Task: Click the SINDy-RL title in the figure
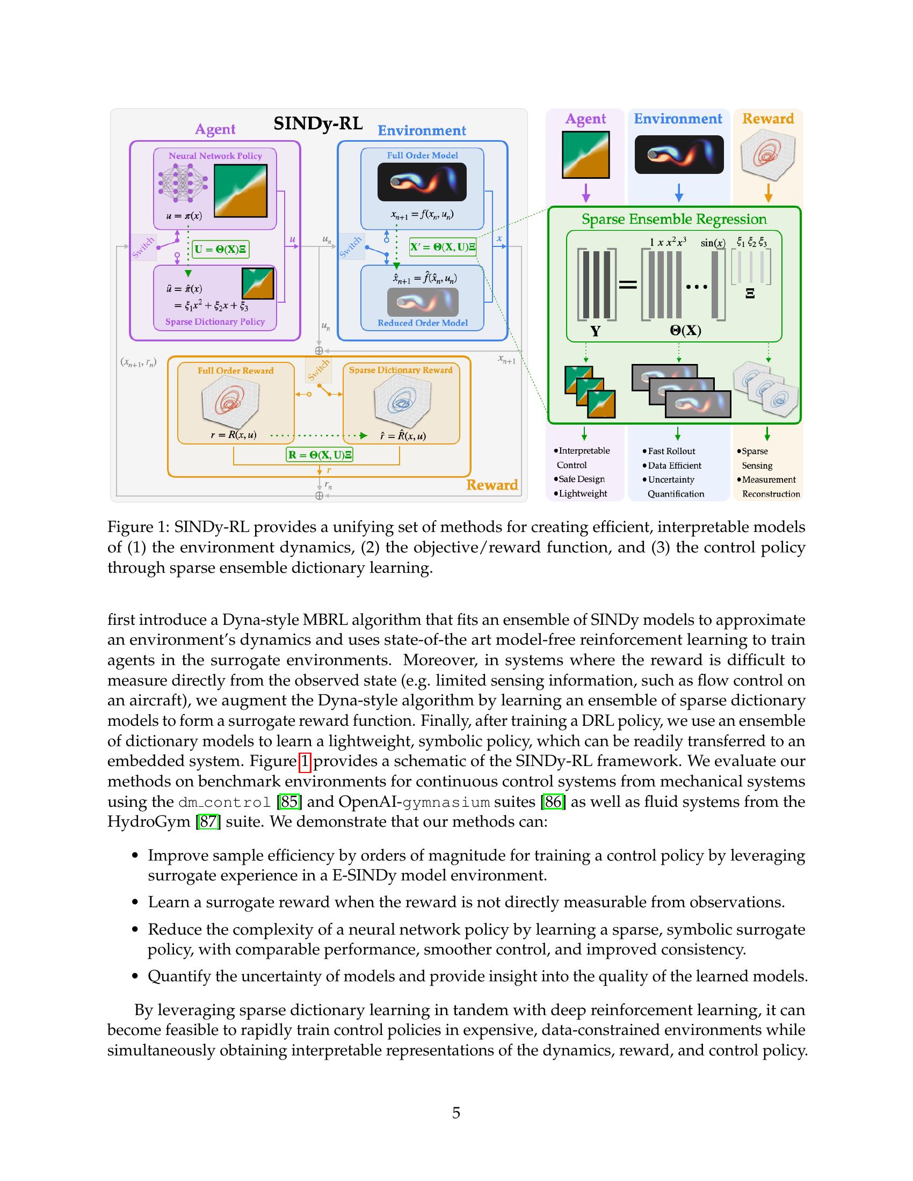click(317, 123)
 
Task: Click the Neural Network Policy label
click(215, 156)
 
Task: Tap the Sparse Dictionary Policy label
click(215, 322)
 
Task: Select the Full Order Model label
click(422, 155)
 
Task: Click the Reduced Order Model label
click(422, 323)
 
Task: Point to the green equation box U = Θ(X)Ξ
click(221, 249)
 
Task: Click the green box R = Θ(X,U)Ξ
click(319, 455)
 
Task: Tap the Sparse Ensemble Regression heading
click(674, 219)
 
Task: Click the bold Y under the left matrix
click(595, 331)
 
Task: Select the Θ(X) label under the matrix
click(685, 330)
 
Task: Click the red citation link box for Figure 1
click(305, 761)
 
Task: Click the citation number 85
click(289, 801)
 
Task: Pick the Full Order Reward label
click(235, 370)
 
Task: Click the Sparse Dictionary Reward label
click(400, 370)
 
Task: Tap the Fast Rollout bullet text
click(671, 451)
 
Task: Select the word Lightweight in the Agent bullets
click(583, 493)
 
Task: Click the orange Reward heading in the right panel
click(767, 119)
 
